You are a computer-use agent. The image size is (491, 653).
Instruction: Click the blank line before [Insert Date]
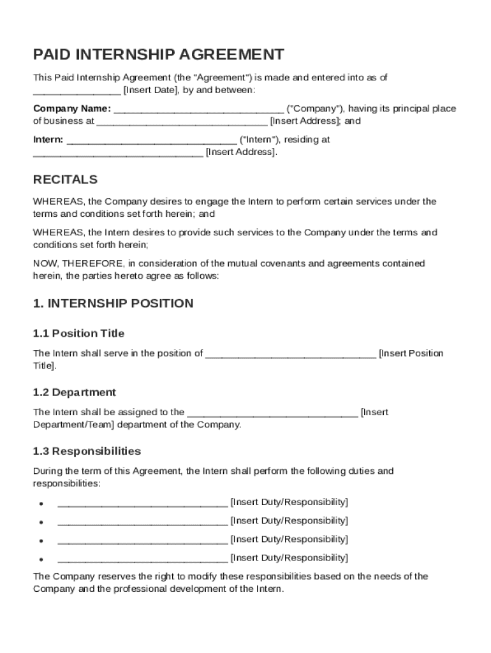[x=77, y=91]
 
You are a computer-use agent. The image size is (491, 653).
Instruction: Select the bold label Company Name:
[x=71, y=108]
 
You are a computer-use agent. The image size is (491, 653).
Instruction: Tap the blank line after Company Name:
[x=198, y=110]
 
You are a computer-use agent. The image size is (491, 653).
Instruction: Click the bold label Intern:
[x=48, y=140]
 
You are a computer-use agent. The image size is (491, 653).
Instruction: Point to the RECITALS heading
[x=65, y=179]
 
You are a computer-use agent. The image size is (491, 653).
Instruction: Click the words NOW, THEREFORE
[x=78, y=263]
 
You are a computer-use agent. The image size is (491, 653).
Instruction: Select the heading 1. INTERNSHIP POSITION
[x=113, y=304]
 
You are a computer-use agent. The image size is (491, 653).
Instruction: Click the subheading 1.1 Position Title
[x=78, y=334]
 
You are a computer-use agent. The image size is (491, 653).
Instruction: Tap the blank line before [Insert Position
[x=291, y=355]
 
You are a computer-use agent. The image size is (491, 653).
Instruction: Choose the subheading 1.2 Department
[x=74, y=392]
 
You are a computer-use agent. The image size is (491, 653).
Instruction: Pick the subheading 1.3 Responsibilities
[x=87, y=451]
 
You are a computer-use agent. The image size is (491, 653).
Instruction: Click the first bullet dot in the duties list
[x=41, y=503]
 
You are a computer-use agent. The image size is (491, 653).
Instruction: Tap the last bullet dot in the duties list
[x=41, y=559]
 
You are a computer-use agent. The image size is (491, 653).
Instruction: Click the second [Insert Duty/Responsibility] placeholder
[x=289, y=521]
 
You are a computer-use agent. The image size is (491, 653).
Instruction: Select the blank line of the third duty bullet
[x=142, y=541]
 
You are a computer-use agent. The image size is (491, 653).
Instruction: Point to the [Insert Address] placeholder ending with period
[x=242, y=152]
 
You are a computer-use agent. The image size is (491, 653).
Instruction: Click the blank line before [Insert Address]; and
[x=182, y=122]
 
